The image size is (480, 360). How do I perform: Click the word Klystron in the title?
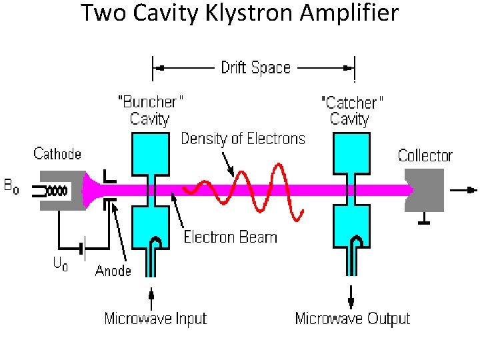pyautogui.click(x=247, y=13)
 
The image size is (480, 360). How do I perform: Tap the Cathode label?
pyautogui.click(x=57, y=154)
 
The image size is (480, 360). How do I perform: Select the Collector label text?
pyautogui.click(x=425, y=156)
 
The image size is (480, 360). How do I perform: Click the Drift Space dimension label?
pyautogui.click(x=255, y=67)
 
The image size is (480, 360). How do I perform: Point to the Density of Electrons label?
pyautogui.click(x=243, y=139)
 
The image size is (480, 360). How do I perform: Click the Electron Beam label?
pyautogui.click(x=230, y=236)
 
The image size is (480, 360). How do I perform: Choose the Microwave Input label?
pyautogui.click(x=155, y=319)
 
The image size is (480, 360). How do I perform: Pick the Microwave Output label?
pyautogui.click(x=352, y=319)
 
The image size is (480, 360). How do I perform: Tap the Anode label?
pyautogui.click(x=113, y=270)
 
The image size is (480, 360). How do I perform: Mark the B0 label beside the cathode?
pyautogui.click(x=11, y=187)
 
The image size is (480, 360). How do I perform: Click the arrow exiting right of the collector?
pyautogui.click(x=461, y=190)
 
